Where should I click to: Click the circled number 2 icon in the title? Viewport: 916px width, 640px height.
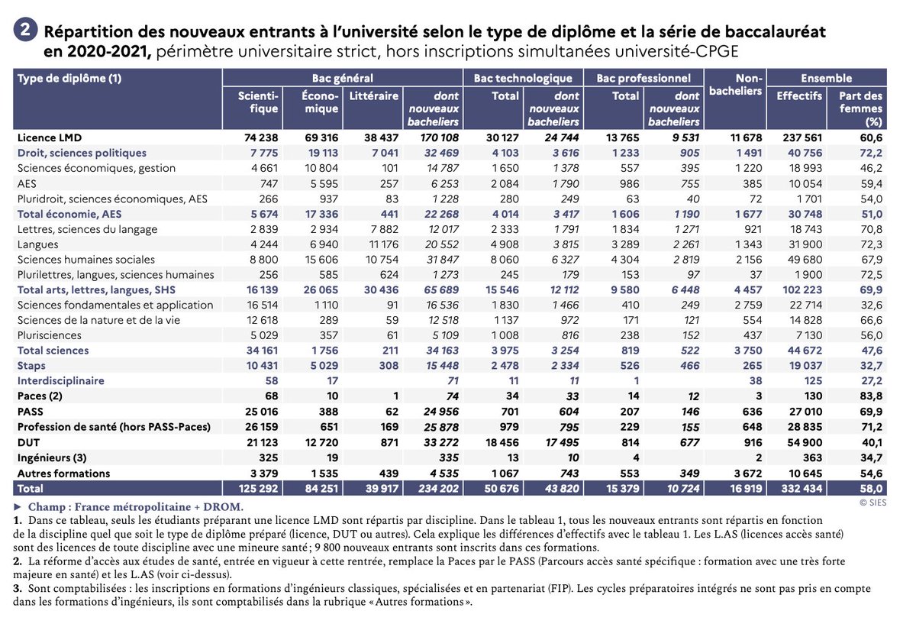[26, 31]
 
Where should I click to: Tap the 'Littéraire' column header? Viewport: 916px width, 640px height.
[373, 96]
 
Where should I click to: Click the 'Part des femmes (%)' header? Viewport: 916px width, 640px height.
[860, 108]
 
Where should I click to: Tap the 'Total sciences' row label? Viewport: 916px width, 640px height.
[53, 350]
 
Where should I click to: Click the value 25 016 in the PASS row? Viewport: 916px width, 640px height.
[259, 411]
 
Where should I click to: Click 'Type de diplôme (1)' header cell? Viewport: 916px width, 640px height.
[69, 78]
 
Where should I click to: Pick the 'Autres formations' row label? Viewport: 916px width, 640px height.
[63, 472]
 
